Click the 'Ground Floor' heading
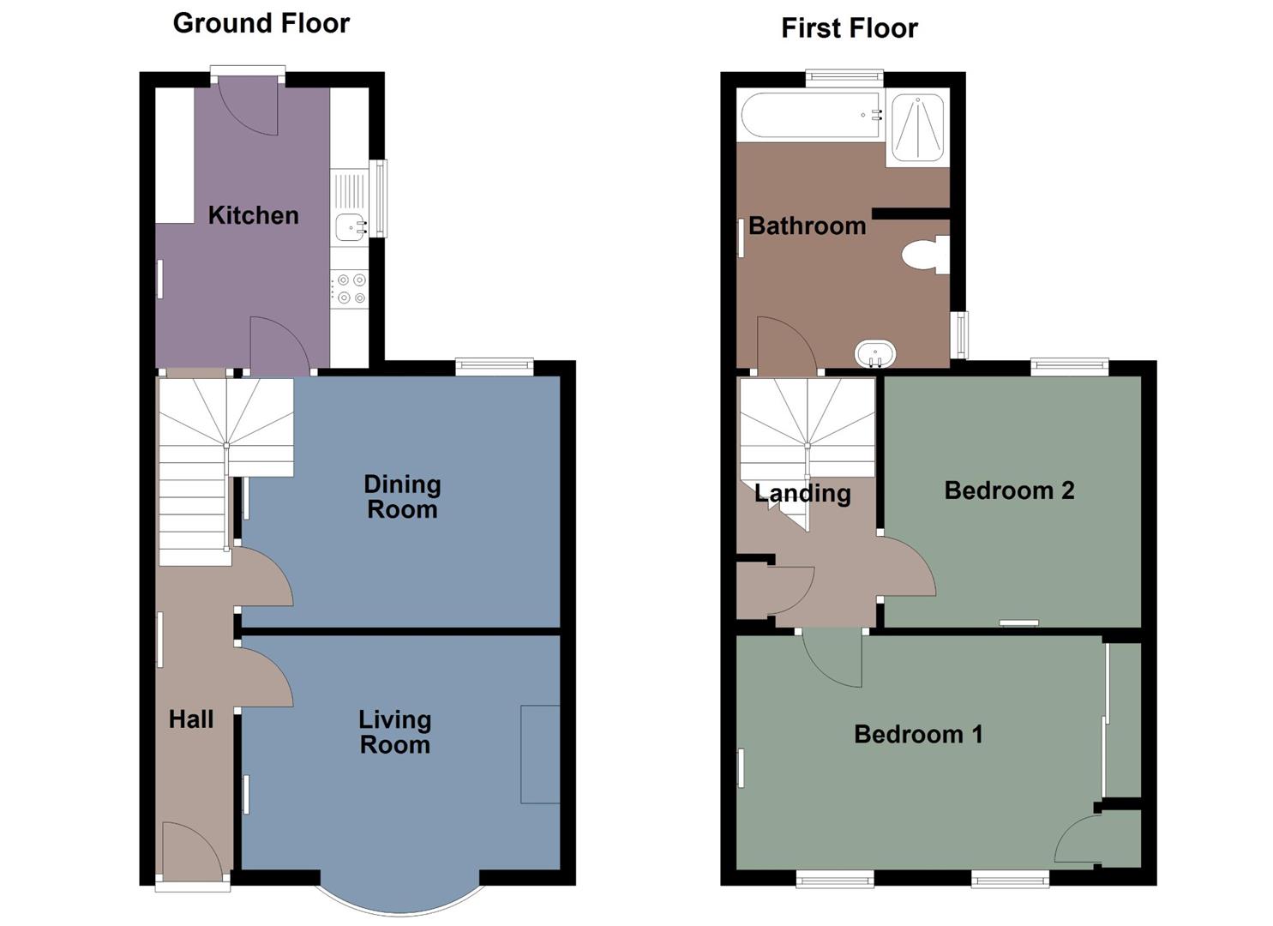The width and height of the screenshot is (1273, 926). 261,23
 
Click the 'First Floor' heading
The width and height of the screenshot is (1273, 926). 849,28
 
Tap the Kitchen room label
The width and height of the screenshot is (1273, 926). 253,215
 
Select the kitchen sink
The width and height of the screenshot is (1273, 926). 351,227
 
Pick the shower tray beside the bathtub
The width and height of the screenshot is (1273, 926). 917,128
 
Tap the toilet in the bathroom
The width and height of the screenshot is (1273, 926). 924,255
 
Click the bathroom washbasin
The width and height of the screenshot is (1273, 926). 875,353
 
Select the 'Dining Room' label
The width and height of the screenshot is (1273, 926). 402,496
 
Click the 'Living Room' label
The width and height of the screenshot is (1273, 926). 394,732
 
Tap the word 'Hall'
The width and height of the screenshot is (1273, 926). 190,719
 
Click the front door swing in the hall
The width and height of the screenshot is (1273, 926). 190,849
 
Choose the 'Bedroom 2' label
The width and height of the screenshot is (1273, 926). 1009,490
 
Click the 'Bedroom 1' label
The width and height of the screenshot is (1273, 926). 918,734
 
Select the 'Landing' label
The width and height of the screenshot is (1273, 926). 802,493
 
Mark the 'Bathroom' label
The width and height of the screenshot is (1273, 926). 807,225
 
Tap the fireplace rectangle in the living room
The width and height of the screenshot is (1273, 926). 540,755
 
